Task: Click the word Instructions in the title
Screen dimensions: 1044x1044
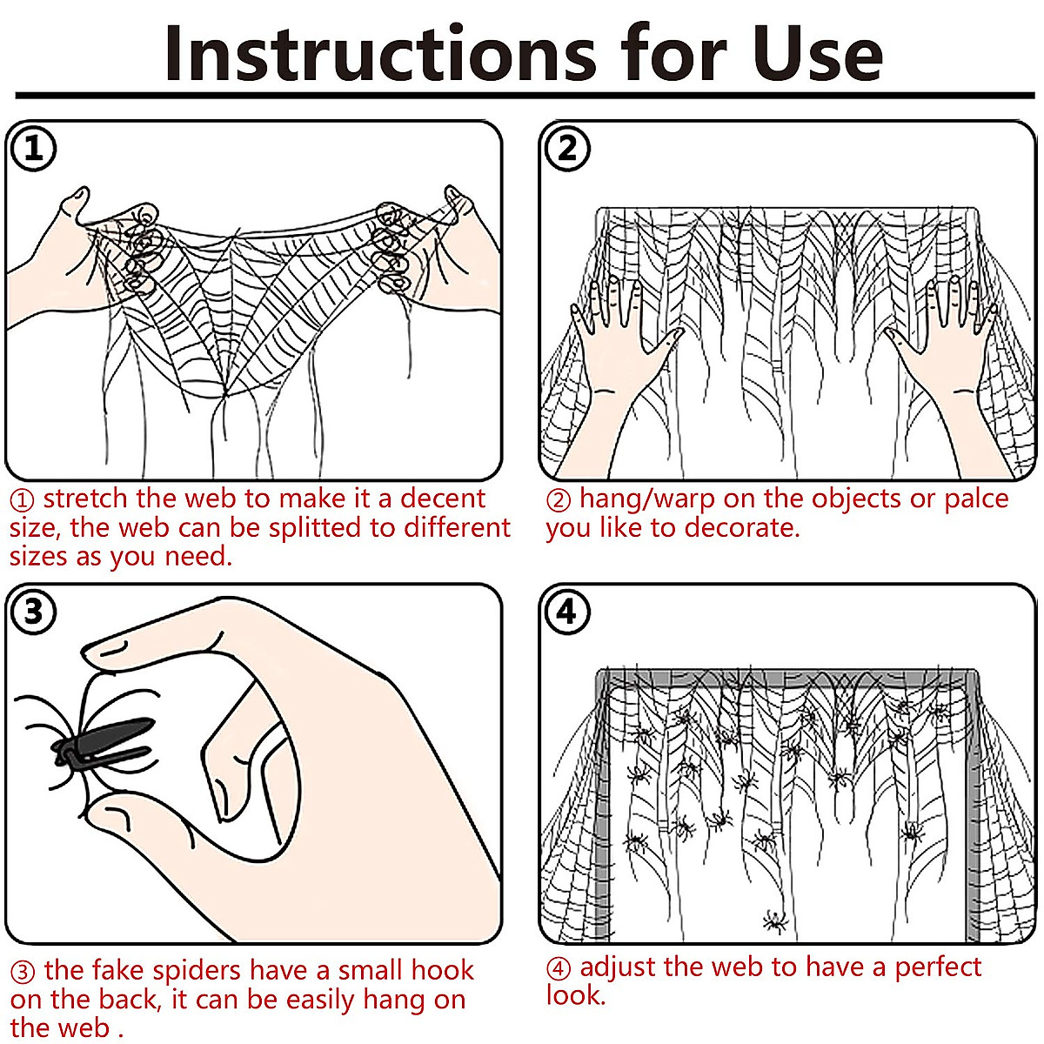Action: pos(380,54)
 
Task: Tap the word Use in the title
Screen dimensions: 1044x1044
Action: pos(818,54)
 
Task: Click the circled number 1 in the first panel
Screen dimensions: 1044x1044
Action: pos(33,149)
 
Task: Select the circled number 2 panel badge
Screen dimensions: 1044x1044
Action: pos(567,149)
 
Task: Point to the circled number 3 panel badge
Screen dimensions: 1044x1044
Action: pos(33,612)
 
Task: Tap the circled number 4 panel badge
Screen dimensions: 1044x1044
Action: pos(567,612)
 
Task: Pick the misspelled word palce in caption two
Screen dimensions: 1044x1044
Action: pos(976,499)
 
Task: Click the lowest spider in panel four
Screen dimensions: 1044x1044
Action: pos(775,920)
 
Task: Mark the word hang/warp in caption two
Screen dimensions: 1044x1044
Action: pos(647,499)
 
